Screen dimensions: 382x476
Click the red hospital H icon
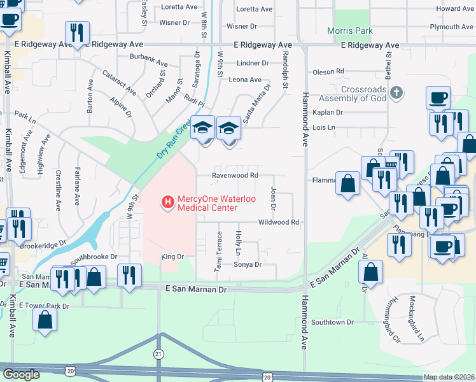pos(168,202)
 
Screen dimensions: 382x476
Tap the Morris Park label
pos(349,31)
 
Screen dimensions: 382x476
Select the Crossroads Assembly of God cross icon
pos(396,94)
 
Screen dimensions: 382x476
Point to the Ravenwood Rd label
pos(235,175)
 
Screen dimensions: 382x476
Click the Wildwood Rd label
pos(278,222)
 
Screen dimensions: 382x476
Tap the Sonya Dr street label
pos(248,264)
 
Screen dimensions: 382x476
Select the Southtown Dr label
pos(332,322)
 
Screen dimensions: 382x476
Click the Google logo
pos(21,374)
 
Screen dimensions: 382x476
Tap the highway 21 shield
pos(158,353)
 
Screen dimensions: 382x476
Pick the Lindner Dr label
pos(253,63)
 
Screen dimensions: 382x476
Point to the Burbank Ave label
pos(148,64)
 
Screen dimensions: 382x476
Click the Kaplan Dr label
pos(328,112)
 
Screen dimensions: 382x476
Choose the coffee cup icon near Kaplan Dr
pos(438,97)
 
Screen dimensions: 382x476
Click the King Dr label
pos(172,257)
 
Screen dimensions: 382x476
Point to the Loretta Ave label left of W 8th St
pos(179,7)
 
